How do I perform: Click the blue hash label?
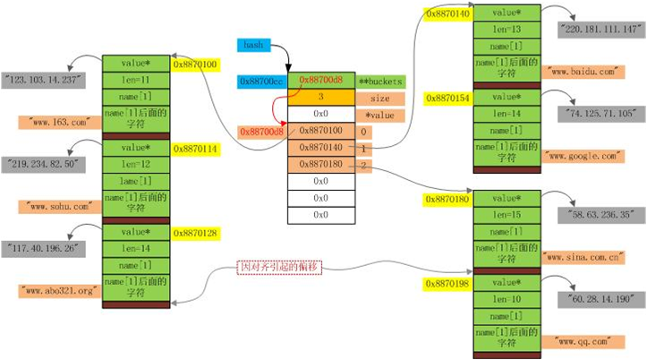click(251, 44)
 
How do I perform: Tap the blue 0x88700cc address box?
click(260, 81)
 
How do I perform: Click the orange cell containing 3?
click(320, 99)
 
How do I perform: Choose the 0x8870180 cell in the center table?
click(320, 165)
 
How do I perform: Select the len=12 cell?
click(133, 165)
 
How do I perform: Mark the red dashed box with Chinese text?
click(277, 267)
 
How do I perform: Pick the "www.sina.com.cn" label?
click(582, 256)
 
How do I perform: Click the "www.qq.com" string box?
click(583, 340)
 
